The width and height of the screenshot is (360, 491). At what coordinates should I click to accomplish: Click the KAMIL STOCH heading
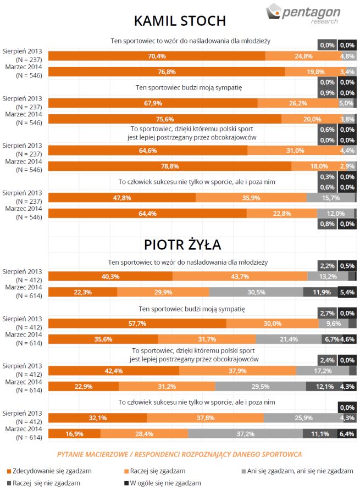(180, 21)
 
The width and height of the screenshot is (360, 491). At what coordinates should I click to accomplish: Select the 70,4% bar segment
(157, 56)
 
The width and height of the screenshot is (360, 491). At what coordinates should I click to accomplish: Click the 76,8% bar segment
(167, 71)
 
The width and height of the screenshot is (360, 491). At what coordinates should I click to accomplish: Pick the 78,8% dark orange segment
(170, 166)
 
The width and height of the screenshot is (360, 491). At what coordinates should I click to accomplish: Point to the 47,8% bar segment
(122, 198)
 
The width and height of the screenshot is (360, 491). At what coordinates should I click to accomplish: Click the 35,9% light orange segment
(251, 198)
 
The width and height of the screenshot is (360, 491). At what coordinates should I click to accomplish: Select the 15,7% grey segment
(330, 198)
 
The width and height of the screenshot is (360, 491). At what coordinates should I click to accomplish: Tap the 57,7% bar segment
(137, 323)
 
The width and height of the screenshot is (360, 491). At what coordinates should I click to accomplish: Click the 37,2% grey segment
(245, 434)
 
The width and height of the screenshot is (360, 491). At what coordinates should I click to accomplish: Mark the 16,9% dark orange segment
(74, 434)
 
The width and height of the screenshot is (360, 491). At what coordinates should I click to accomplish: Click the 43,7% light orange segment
(240, 276)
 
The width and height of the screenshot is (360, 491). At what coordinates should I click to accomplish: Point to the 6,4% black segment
(347, 434)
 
